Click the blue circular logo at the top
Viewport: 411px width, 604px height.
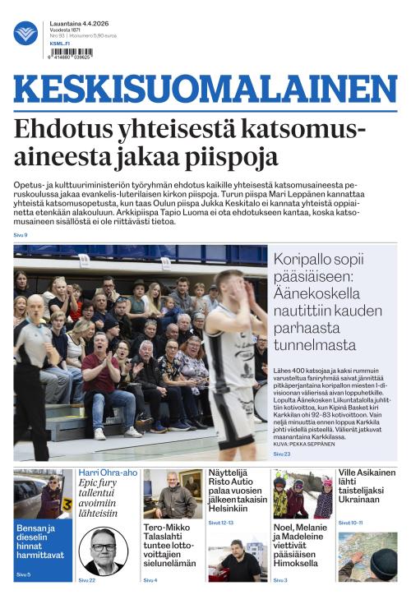[x=25, y=33]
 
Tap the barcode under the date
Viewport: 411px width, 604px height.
[x=72, y=52]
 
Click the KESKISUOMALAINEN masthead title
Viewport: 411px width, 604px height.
[x=205, y=90]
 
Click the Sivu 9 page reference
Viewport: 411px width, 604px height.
[x=21, y=235]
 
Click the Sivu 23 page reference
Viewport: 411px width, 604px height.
[x=282, y=453]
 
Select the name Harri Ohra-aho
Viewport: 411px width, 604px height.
[x=108, y=473]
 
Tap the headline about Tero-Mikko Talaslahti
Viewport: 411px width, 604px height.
[x=172, y=544]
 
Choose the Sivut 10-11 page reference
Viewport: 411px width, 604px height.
[x=350, y=523]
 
